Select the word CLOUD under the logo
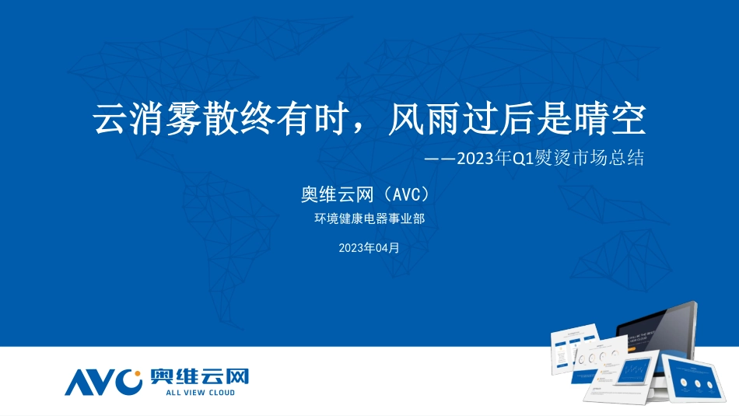pyautogui.click(x=219, y=393)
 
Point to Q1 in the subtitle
pyautogui.click(x=520, y=158)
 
